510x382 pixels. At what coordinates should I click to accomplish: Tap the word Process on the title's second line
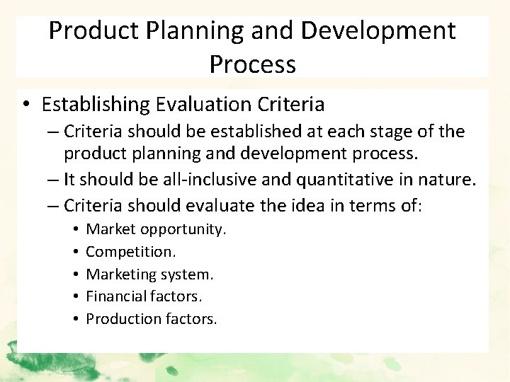click(x=252, y=64)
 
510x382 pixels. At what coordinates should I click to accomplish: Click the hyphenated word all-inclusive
click(x=205, y=180)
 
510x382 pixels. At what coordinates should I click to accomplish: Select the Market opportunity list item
click(x=156, y=229)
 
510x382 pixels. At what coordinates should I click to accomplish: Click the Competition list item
click(x=131, y=251)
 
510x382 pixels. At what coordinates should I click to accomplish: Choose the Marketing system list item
click(x=149, y=274)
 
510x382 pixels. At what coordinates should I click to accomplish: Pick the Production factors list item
click(x=152, y=319)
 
